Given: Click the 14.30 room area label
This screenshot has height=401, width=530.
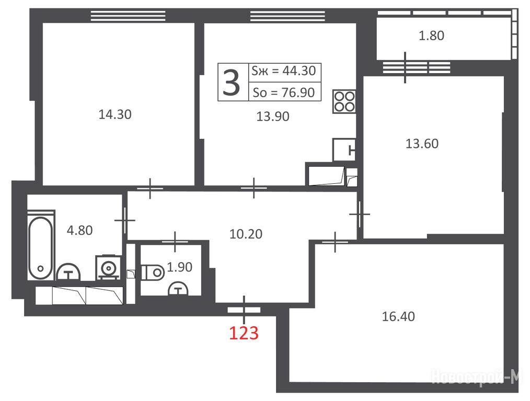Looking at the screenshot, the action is (x=115, y=114).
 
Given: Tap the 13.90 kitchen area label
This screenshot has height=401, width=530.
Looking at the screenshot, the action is (x=273, y=116).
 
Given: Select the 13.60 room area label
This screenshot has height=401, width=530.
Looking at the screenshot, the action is (x=422, y=144).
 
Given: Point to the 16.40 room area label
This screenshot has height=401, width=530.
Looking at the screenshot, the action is (x=398, y=316).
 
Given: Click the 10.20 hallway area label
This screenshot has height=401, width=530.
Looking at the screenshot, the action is (x=246, y=234).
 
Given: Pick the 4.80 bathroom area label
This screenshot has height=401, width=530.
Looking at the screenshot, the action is (x=80, y=231).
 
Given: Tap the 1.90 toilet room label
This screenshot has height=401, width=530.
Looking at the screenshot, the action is (x=180, y=267).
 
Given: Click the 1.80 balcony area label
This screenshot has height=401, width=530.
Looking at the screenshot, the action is (x=431, y=36).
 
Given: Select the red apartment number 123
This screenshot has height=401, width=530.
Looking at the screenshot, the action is (x=244, y=333).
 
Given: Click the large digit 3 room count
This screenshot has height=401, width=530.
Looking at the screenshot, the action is (x=232, y=82).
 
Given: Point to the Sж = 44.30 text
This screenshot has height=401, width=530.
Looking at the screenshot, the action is (x=284, y=71).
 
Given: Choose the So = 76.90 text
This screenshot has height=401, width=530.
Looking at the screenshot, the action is (x=284, y=92).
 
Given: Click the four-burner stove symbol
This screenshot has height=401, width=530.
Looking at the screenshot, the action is (x=344, y=102).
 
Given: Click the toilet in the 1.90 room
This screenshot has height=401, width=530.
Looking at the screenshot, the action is (x=153, y=272).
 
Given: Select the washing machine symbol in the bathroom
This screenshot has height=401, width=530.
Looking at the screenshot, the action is (x=109, y=268).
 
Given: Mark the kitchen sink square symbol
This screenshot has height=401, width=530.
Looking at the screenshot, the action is (x=344, y=149).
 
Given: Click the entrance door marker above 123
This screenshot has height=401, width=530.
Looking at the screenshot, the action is (x=244, y=310).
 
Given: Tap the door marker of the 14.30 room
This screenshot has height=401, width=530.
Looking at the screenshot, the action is (x=149, y=188).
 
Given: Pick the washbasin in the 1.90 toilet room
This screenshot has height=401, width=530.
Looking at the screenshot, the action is (x=178, y=289).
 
